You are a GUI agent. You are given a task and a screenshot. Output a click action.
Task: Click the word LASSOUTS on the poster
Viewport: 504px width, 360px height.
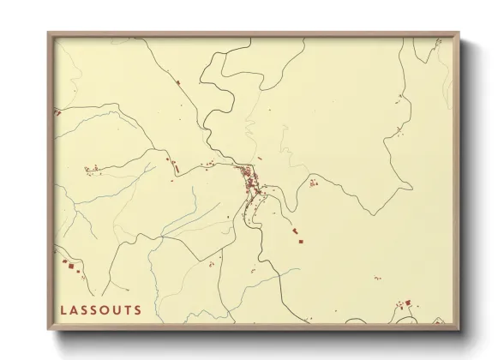pyautogui.click(x=100, y=309)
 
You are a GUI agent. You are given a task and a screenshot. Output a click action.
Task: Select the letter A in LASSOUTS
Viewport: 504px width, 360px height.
pyautogui.click(x=75, y=309)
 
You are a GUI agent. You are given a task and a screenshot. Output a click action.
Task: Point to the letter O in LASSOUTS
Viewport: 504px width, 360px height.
pyautogui.click(x=105, y=309)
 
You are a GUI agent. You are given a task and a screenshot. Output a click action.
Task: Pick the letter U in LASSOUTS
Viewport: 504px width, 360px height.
pyautogui.click(x=117, y=309)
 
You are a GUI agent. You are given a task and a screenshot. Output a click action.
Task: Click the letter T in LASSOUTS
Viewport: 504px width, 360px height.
pyautogui.click(x=127, y=309)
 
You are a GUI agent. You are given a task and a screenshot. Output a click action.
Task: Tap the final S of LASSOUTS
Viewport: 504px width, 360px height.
pyautogui.click(x=136, y=309)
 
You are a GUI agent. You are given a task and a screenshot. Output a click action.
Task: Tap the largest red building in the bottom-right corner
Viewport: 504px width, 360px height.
pyautogui.click(x=408, y=302)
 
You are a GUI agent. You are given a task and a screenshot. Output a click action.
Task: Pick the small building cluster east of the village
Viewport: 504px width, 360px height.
pyautogui.click(x=313, y=182)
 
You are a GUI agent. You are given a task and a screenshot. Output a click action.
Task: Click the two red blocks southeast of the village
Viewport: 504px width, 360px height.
pyautogui.click(x=297, y=236)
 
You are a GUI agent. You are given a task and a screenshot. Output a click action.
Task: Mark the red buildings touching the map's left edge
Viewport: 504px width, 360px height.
pyautogui.click(x=57, y=112)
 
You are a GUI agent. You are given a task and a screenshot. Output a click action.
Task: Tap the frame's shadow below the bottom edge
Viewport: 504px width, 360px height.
pyautogui.click(x=257, y=339)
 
